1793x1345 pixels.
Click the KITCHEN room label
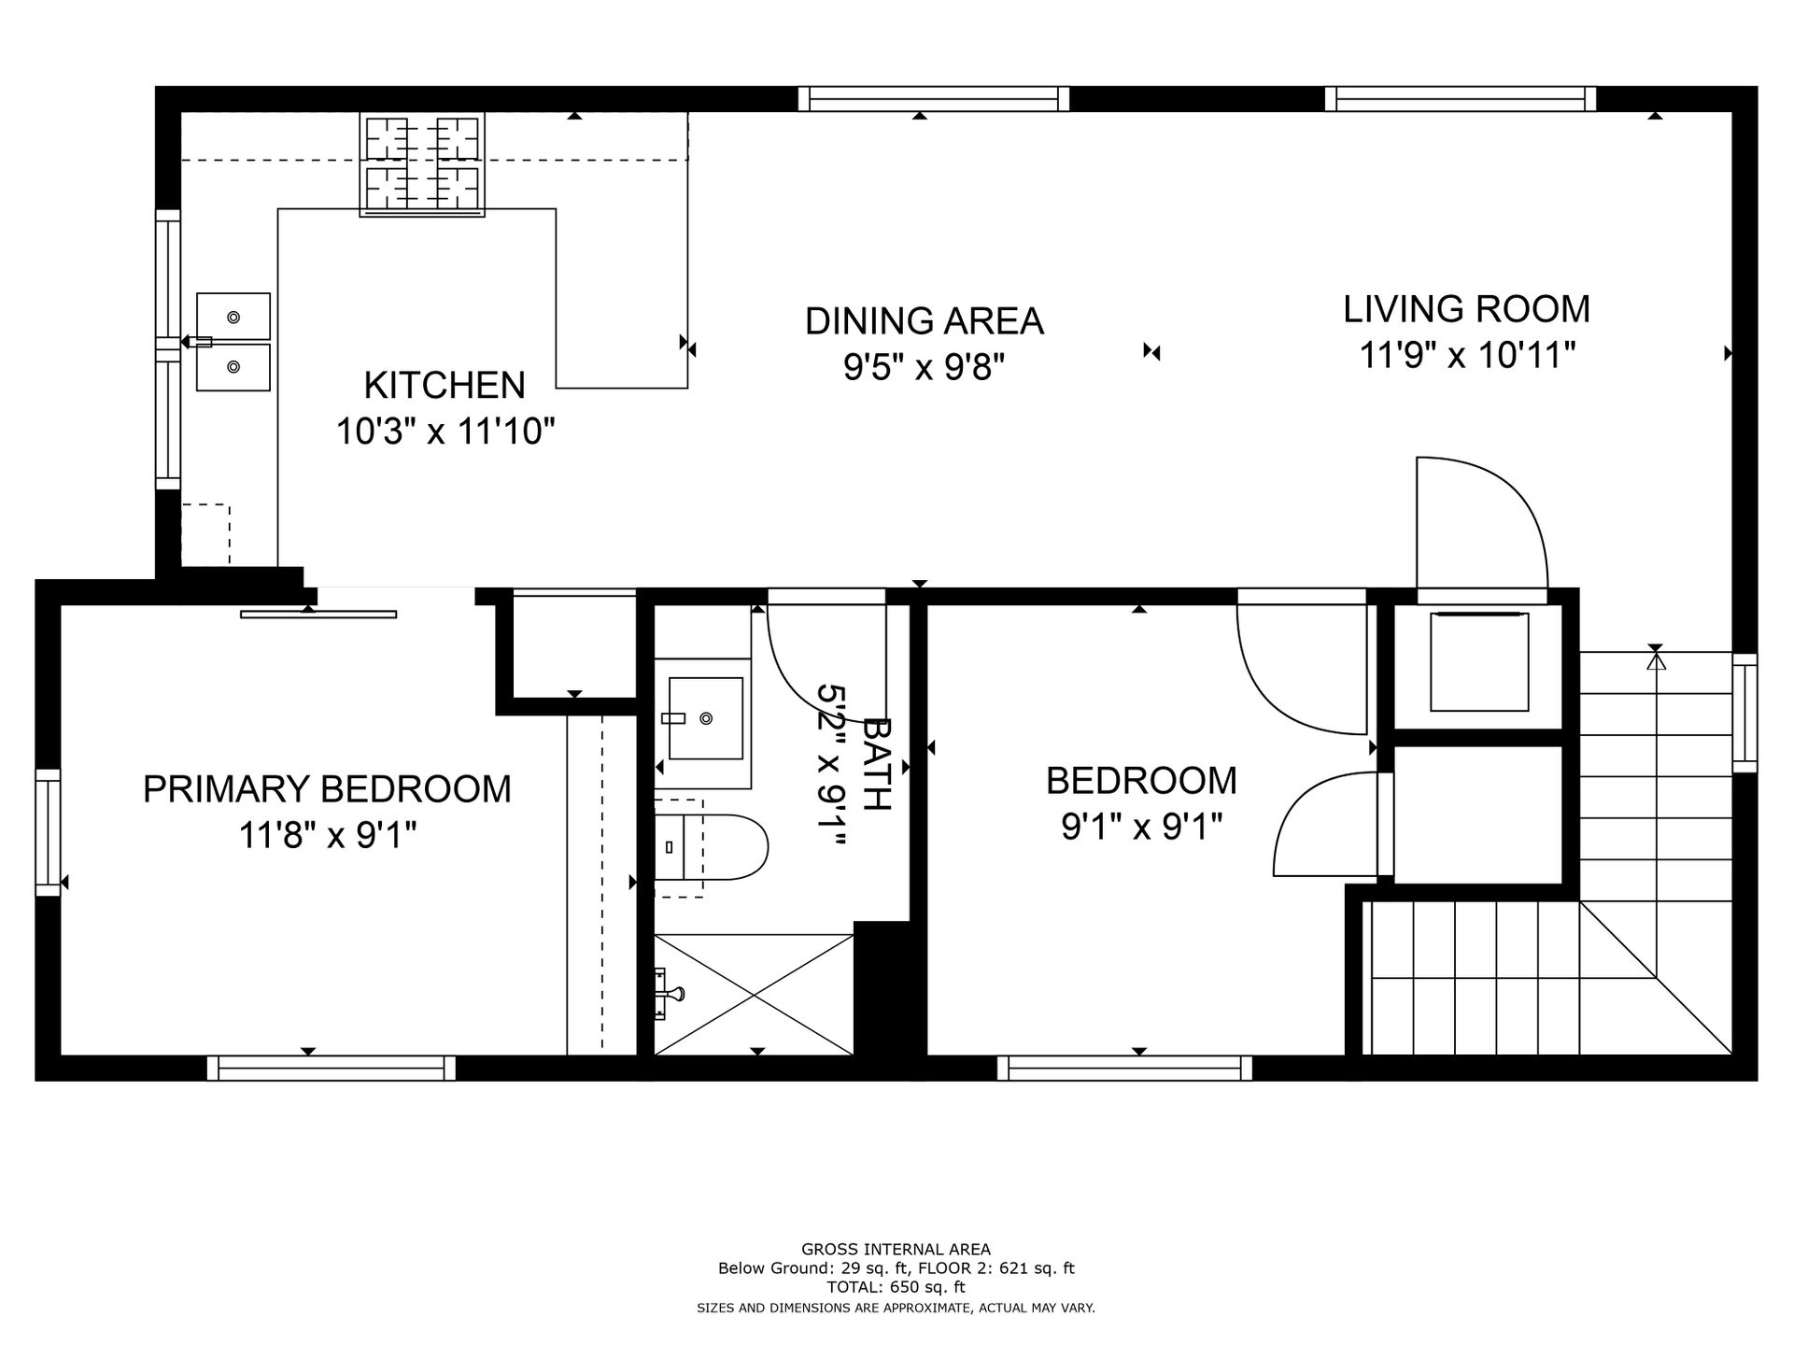[445, 385]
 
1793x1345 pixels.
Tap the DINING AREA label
[924, 321]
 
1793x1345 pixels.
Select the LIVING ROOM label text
[1466, 309]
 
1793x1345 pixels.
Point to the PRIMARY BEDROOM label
[327, 789]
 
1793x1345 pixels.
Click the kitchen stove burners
[422, 164]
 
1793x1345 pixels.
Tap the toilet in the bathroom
[711, 847]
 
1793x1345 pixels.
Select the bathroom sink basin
[706, 718]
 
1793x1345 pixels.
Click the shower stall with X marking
[754, 994]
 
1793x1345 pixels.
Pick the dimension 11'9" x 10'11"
[1467, 356]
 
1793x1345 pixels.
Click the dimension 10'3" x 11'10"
[445, 432]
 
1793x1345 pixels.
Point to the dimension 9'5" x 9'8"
[924, 368]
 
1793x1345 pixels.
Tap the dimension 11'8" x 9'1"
[327, 836]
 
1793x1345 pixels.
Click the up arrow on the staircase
[1656, 661]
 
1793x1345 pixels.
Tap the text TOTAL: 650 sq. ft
[896, 1287]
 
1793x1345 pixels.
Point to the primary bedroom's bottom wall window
[332, 1068]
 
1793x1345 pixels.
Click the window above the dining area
[934, 98]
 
